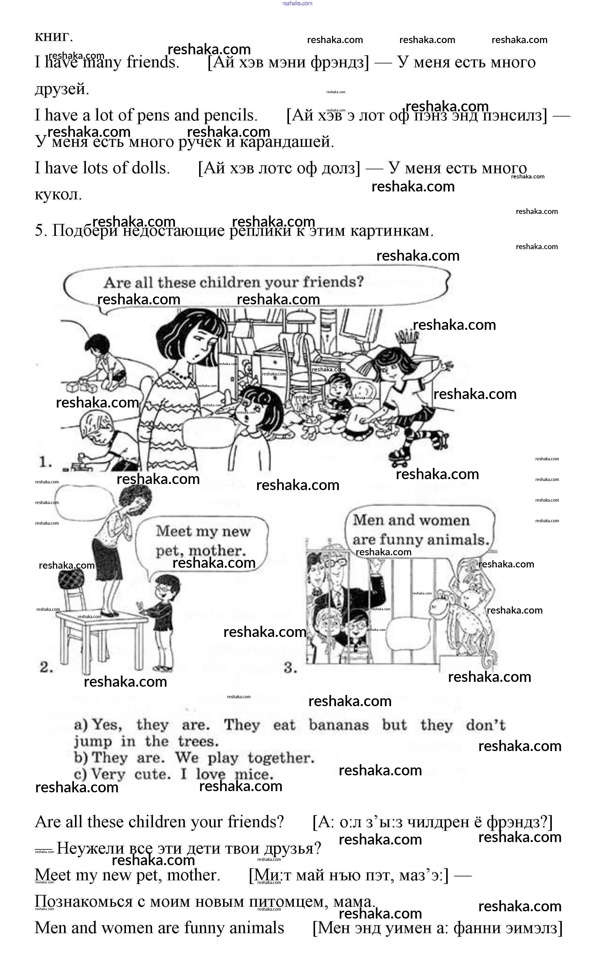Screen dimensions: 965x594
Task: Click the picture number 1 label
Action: pos(45,462)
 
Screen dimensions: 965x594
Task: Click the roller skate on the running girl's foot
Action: pos(401,455)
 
